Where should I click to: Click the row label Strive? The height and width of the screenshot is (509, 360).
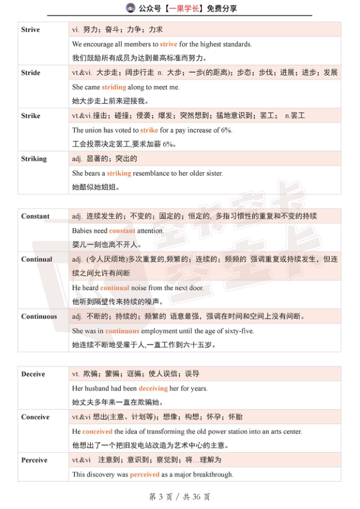31,30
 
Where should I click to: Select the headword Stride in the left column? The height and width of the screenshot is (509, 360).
31,73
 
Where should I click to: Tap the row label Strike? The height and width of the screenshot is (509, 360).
31,115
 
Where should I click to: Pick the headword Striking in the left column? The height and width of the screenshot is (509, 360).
34,159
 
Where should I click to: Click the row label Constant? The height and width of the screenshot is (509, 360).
36,216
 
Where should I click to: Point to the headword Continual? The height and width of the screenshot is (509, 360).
37,259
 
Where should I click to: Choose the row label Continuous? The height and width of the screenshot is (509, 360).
39,317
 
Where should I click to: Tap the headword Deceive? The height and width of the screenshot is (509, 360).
33,374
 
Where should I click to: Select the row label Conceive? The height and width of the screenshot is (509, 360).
36,418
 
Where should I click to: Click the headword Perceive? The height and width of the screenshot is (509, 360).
34,461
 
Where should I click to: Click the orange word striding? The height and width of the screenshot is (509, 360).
114,87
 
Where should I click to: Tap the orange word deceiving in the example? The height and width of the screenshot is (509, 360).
153,389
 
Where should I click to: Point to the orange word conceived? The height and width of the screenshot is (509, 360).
97,432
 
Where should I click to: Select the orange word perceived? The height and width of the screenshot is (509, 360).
144,475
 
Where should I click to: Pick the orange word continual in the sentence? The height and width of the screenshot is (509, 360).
115,288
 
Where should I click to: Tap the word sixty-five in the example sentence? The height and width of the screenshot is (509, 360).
237,331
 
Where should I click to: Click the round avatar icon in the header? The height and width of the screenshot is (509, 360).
130,8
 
